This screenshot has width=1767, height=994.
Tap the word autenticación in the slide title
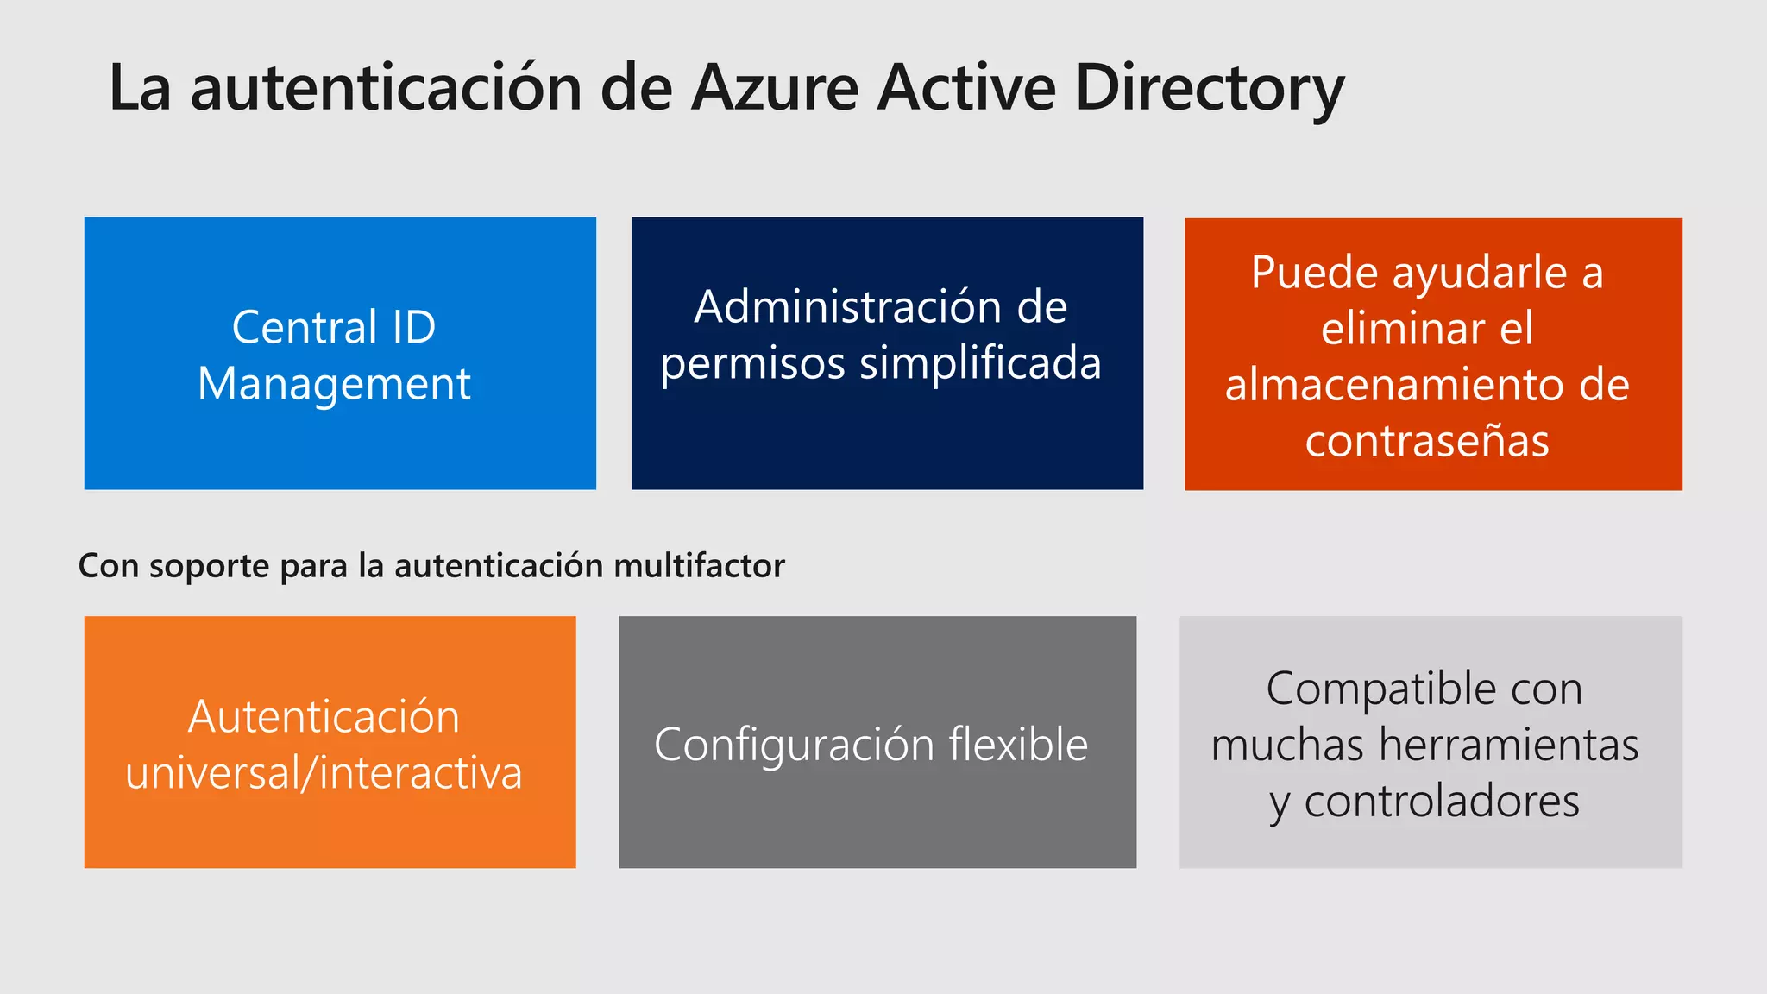pos(386,88)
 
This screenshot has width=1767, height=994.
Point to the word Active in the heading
pos(966,88)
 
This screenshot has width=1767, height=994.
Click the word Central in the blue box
pos(304,328)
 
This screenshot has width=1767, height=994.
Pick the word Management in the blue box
pos(334,384)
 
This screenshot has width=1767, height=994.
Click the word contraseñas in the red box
pos(1427,441)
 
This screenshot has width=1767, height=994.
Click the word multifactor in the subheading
pos(700,566)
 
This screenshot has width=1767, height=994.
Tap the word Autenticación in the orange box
pos(324,717)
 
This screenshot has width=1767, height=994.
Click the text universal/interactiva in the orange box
pos(324,773)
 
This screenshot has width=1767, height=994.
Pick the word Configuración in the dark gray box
pos(794,745)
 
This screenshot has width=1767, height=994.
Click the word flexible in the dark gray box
pos(1018,745)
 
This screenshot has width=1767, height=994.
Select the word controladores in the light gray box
pos(1442,802)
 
